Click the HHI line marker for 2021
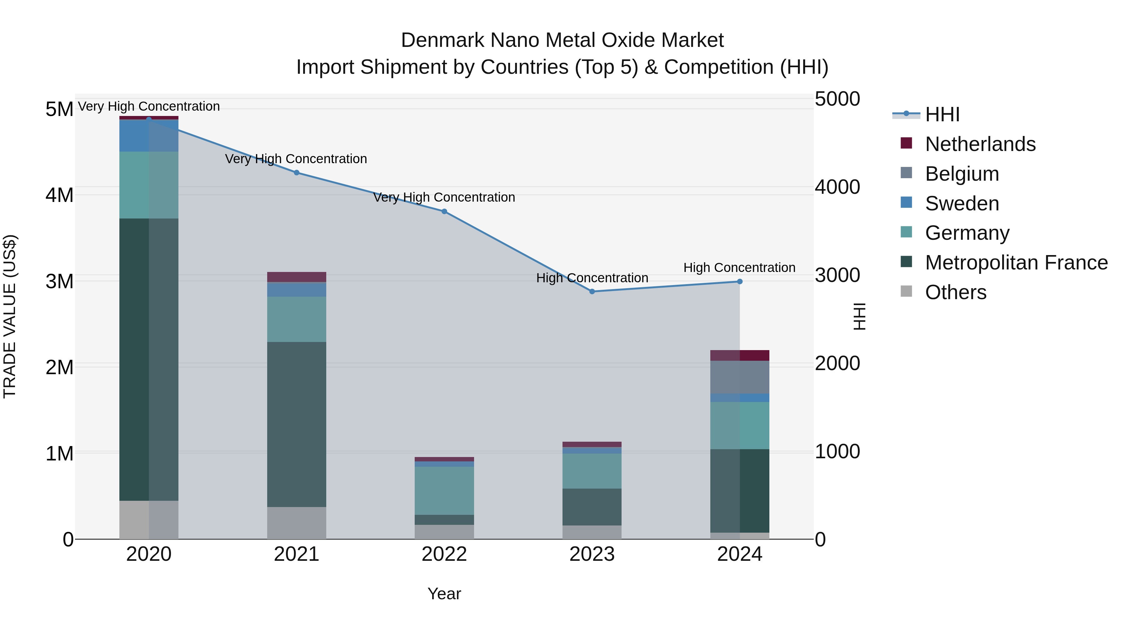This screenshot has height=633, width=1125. coord(297,173)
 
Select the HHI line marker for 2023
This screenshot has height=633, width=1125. coord(592,291)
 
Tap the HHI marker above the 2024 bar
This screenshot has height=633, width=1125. coord(740,282)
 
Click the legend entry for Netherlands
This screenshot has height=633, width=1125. coord(980,144)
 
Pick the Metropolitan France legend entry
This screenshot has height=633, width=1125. coord(1016,263)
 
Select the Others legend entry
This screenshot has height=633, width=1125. coord(956,292)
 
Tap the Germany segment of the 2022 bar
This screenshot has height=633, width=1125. coord(444,490)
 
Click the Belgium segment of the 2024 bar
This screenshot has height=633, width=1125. coord(740,377)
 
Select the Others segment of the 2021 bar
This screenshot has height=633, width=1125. coord(297,523)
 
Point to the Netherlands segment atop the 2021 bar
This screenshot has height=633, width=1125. coord(297,277)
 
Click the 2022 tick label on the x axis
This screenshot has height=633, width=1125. coord(444,554)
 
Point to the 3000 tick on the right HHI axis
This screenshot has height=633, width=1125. coord(837,275)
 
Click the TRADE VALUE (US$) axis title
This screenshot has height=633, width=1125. coord(10,316)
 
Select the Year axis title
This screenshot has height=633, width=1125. coord(444,594)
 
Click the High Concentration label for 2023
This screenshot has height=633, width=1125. coord(592,278)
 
